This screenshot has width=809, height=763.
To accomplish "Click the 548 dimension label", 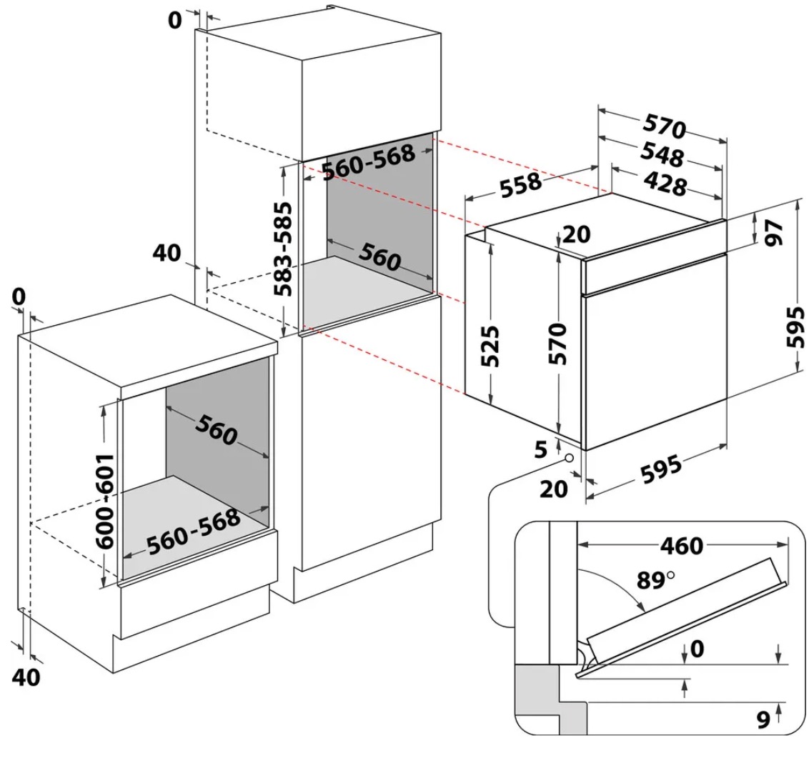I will (x=662, y=155).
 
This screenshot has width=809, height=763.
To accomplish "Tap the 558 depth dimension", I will (x=521, y=185).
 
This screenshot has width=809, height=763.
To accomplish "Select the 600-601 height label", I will (x=106, y=499).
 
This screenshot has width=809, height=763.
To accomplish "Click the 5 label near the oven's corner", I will (x=541, y=449).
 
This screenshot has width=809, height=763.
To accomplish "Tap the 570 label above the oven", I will (x=664, y=126).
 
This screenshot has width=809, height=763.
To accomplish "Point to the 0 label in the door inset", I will (x=697, y=649).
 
